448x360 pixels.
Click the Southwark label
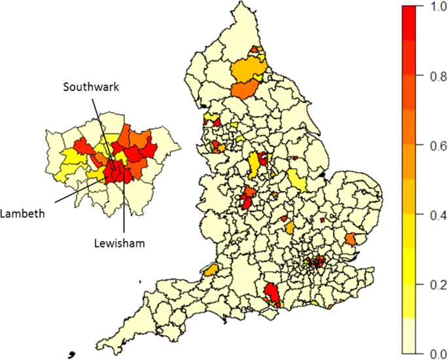pyautogui.click(x=92, y=86)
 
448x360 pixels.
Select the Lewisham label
pyautogui.click(x=117, y=242)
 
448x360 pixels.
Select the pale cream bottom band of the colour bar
pyautogui.click(x=409, y=336)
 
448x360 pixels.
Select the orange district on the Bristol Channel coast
pyautogui.click(x=212, y=270)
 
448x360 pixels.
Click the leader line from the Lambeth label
pyautogui.click(x=77, y=190)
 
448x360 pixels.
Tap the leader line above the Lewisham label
pyautogui.click(x=123, y=209)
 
